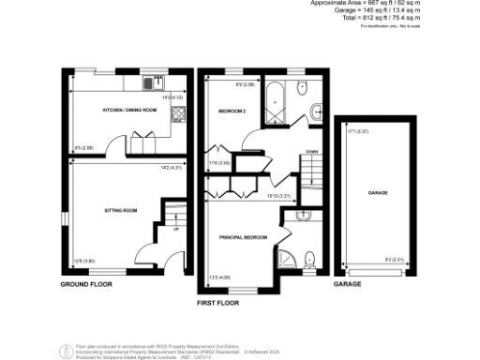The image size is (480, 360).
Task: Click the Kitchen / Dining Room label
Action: [127, 110]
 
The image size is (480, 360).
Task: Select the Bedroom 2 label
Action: [233, 111]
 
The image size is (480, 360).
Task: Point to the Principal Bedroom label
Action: [244, 238]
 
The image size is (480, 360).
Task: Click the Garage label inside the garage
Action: [378, 192]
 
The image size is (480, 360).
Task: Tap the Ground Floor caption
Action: [87, 283]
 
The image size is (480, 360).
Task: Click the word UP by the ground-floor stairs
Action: [175, 228]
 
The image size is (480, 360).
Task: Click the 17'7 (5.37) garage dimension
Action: [354, 132]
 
